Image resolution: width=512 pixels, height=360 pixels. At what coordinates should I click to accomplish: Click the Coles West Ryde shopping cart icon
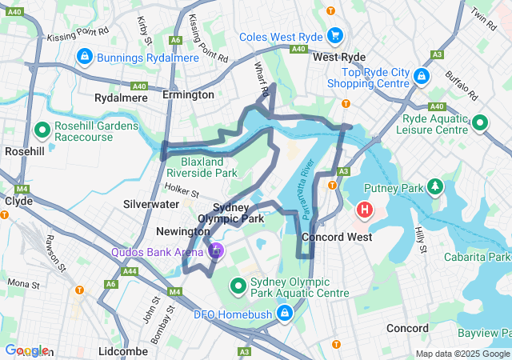pos(335,36)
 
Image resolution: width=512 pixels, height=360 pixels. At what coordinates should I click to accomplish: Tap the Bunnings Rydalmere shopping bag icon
pos(83,58)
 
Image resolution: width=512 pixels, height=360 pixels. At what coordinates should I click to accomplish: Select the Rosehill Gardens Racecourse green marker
pos(42,128)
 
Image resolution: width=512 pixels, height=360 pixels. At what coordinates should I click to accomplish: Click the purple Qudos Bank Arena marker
pos(215,253)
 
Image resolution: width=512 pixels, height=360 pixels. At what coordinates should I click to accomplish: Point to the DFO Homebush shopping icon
pos(284,313)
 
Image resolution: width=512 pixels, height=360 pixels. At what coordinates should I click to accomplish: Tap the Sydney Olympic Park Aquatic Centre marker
pos(238,286)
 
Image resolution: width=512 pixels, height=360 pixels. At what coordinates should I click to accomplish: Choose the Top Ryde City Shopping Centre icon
pos(422,77)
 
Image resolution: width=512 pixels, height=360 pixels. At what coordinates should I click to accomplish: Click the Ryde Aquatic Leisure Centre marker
pos(479,123)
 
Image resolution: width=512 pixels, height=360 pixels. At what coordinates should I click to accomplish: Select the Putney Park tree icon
pos(434,187)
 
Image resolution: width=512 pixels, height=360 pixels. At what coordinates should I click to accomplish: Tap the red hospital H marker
pos(365,211)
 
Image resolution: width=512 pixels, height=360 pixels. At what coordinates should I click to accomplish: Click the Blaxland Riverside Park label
pos(202,166)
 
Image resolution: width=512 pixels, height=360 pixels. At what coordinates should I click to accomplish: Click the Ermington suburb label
pos(188,94)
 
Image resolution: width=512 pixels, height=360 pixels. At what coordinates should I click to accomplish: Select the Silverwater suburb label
pos(151,204)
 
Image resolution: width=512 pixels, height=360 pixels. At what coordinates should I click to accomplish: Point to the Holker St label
pos(181,190)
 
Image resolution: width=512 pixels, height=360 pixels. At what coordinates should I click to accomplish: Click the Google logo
pos(26,350)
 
